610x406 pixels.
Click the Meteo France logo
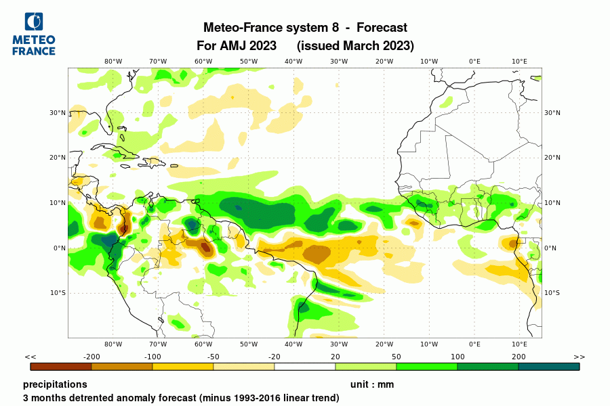[x=34, y=34]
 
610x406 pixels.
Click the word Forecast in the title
[x=382, y=28]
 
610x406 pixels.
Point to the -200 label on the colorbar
[x=91, y=357]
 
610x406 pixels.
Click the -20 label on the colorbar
[x=274, y=357]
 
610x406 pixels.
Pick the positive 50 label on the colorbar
[x=396, y=357]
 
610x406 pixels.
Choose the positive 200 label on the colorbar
[x=518, y=357]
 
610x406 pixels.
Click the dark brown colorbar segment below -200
[x=61, y=367]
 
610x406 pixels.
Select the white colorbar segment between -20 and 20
[x=305, y=367]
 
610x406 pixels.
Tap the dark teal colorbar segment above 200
[x=549, y=367]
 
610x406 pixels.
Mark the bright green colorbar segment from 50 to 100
[x=427, y=367]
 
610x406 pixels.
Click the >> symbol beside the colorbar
[x=579, y=357]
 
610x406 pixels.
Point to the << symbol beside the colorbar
[x=30, y=357]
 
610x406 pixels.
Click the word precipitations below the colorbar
[x=55, y=384]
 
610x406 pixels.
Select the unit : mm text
[x=371, y=384]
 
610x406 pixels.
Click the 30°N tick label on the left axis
[x=58, y=113]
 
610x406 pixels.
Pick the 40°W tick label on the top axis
[x=293, y=62]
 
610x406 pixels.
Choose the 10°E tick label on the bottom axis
[x=519, y=344]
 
